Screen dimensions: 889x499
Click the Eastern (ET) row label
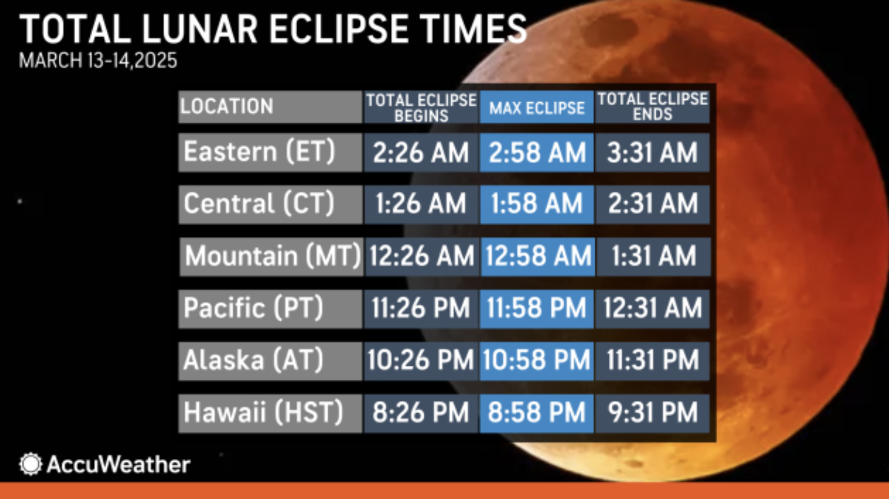coord(270,152)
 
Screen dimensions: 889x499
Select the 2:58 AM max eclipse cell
coord(537,152)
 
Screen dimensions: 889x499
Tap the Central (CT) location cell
coord(271,204)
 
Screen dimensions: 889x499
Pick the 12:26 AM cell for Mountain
coord(422,257)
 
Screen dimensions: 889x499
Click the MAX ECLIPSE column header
coord(537,107)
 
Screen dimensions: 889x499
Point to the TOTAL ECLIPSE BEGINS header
coord(421,107)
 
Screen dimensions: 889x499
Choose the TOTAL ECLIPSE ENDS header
coord(652,107)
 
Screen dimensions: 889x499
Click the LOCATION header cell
coord(270,107)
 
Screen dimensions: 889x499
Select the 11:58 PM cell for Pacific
coord(537,309)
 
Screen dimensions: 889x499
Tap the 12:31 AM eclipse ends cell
coord(652,309)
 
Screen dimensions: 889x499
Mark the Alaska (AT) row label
coord(270,361)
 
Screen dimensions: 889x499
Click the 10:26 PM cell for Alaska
coord(421,361)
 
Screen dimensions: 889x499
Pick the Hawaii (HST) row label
coord(270,413)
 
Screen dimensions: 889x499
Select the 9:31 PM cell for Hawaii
coord(652,413)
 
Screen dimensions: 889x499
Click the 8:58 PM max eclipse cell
coord(537,413)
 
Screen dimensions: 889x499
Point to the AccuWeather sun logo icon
coord(30,464)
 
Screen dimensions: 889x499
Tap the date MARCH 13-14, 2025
coord(98,61)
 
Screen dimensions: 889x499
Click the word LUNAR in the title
coord(200,29)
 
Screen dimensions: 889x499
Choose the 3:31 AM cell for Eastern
coord(652,152)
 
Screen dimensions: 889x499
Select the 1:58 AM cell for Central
coord(537,204)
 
